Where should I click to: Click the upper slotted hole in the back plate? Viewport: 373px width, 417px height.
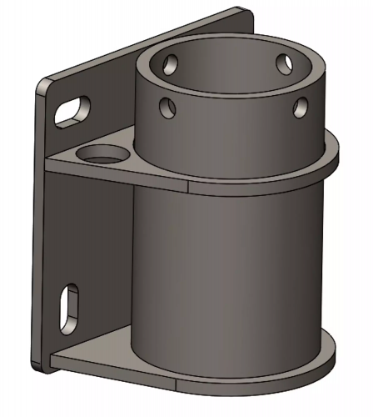[x=72, y=112]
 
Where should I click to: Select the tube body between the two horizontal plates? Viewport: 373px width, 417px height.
[x=225, y=267]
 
